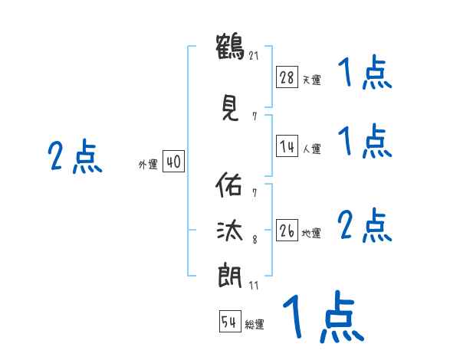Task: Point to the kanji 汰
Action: point(229,229)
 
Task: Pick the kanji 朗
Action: point(229,273)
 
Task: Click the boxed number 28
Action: point(287,77)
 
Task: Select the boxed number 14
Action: point(287,146)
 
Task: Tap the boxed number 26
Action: point(287,231)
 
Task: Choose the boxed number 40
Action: point(173,162)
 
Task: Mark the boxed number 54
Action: point(230,322)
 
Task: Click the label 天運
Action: point(311,79)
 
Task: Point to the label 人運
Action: point(311,149)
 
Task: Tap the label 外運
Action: point(148,164)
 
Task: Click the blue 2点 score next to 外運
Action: point(75,157)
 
